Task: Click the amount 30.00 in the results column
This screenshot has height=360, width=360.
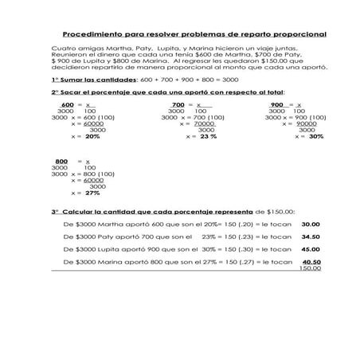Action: click(311, 224)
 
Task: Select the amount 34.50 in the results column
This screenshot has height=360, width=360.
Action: click(311, 237)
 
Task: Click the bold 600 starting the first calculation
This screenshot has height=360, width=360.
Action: click(67, 105)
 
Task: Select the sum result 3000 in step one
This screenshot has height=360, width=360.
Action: click(229, 80)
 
